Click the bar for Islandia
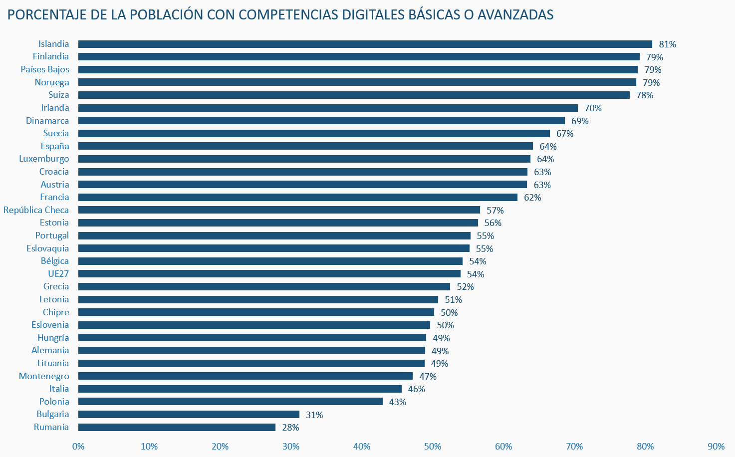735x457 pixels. pyautogui.click(x=365, y=44)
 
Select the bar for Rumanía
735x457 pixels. pyautogui.click(x=177, y=427)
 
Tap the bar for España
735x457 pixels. pyautogui.click(x=305, y=146)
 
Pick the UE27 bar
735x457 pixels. pyautogui.click(x=269, y=274)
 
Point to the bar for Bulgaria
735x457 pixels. pyautogui.click(x=189, y=415)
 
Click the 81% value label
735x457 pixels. pyautogui.click(x=667, y=44)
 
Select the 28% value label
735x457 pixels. pyautogui.click(x=290, y=428)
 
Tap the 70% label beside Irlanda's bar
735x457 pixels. pyautogui.click(x=593, y=108)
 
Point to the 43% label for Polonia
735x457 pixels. pyautogui.click(x=398, y=402)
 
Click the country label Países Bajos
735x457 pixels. pyautogui.click(x=45, y=69)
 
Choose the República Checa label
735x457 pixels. pyautogui.click(x=36, y=210)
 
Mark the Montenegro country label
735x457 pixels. pyautogui.click(x=44, y=376)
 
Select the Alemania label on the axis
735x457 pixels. pyautogui.click(x=50, y=350)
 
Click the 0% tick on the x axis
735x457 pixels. pyautogui.click(x=78, y=447)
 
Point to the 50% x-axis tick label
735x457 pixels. pyautogui.click(x=433, y=447)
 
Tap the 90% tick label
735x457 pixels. pyautogui.click(x=716, y=447)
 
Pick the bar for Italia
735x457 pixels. pyautogui.click(x=240, y=389)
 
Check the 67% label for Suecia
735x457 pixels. pyautogui.click(x=565, y=134)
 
